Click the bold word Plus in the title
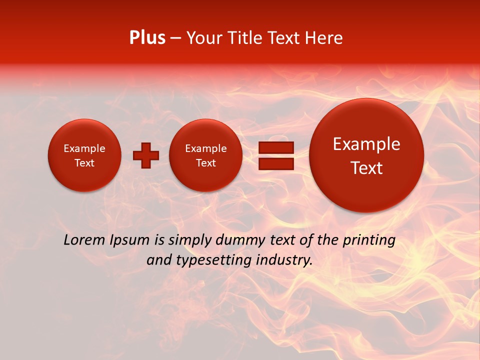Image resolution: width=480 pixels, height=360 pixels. pyautogui.click(x=147, y=38)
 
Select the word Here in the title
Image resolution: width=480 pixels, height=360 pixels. pyautogui.click(x=325, y=38)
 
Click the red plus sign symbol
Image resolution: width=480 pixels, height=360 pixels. pyautogui.click(x=146, y=155)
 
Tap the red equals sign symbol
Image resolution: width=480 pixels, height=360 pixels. pyautogui.click(x=276, y=155)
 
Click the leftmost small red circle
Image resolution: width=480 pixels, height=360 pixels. pyautogui.click(x=84, y=155)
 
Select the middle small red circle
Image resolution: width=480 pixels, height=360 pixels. pyautogui.click(x=206, y=155)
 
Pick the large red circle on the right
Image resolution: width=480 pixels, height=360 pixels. pyautogui.click(x=366, y=155)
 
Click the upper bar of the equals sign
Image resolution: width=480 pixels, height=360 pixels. pyautogui.click(x=276, y=147)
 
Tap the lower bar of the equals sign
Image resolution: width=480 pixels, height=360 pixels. pyautogui.click(x=276, y=163)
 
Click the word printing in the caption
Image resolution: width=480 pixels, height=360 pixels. pyautogui.click(x=369, y=240)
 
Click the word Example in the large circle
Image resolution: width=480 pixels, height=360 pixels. pyautogui.click(x=366, y=144)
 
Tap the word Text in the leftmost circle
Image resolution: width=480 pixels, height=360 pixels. pyautogui.click(x=84, y=163)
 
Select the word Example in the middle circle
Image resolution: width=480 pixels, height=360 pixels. pyautogui.click(x=206, y=148)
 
